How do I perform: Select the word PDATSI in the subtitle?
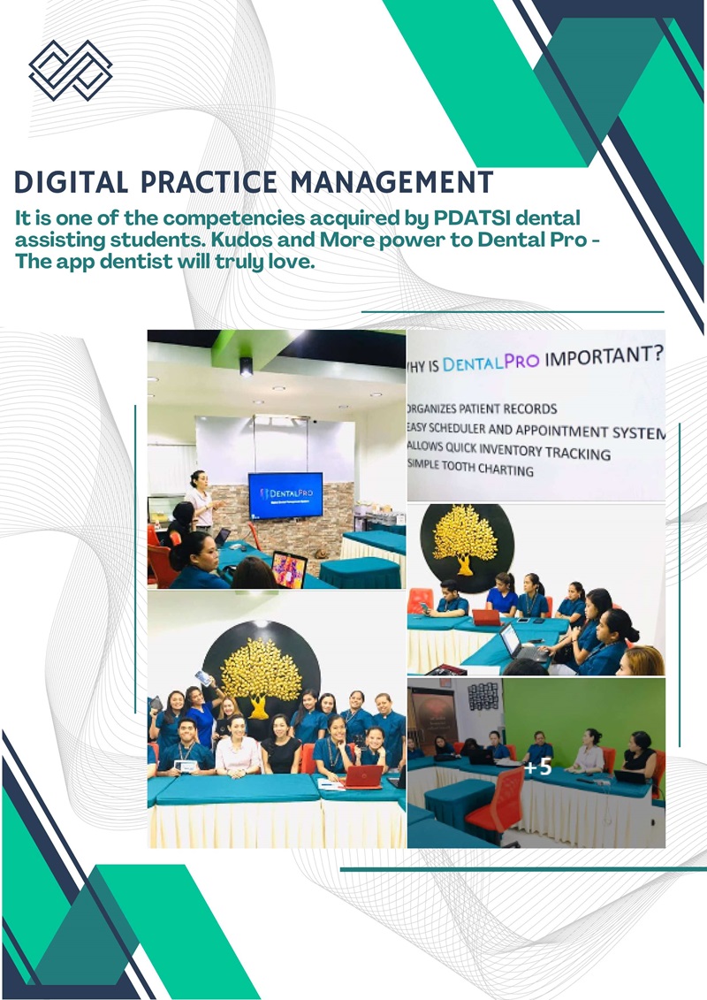pyautogui.click(x=459, y=218)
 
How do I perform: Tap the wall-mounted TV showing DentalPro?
pyautogui.click(x=285, y=495)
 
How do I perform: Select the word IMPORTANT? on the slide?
pyautogui.click(x=604, y=358)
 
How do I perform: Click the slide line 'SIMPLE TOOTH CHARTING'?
pyautogui.click(x=471, y=469)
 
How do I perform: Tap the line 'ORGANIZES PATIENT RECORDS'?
pyautogui.click(x=483, y=408)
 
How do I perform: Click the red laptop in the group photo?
pyautogui.click(x=363, y=775)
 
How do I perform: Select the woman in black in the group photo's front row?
pyautogui.click(x=282, y=754)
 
